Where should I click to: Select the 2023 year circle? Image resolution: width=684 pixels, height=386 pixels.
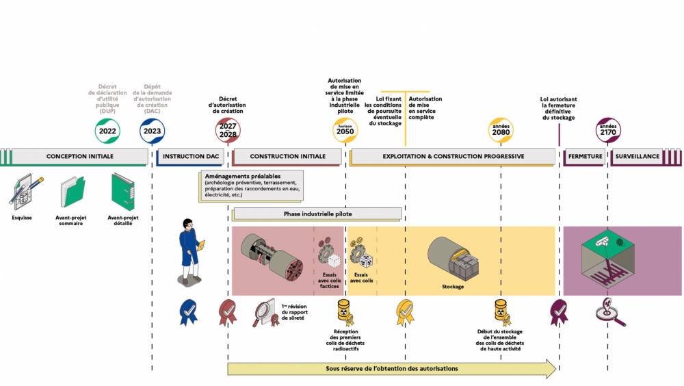[152, 131]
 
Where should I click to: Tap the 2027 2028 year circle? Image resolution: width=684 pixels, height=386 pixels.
[228, 130]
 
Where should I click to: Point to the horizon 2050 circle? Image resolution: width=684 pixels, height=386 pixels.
[345, 130]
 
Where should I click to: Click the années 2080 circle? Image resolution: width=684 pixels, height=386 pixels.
[501, 130]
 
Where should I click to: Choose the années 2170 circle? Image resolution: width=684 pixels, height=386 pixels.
[607, 130]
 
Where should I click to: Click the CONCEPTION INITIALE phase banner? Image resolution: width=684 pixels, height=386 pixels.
[80, 157]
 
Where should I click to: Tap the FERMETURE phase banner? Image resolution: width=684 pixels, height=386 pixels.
[585, 157]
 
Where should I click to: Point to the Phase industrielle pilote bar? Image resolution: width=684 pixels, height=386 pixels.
[317, 214]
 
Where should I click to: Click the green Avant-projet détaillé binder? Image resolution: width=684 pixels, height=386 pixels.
[123, 192]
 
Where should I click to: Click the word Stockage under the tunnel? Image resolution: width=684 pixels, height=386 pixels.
[451, 286]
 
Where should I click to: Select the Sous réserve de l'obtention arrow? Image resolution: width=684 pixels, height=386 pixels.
[392, 369]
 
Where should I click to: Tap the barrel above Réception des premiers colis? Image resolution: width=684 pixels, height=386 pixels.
[345, 311]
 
